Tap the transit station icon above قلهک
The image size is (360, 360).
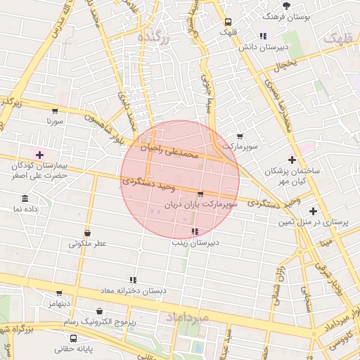pos(227,22)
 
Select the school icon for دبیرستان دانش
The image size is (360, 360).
pos(263,36)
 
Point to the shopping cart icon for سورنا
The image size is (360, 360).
pos(55,110)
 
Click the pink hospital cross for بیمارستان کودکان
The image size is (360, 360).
pos(39,155)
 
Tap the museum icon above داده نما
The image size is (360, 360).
pos(25,198)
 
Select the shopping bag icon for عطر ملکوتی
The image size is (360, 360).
pos(87,233)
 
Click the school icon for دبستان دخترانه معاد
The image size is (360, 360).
pos(132,280)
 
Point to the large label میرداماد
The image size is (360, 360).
pos(189,319)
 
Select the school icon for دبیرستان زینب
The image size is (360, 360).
pos(195,231)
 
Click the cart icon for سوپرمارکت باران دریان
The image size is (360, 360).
pos(200,193)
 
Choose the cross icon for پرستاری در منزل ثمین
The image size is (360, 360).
pos(313,211)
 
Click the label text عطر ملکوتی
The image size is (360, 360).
pos(87,244)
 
